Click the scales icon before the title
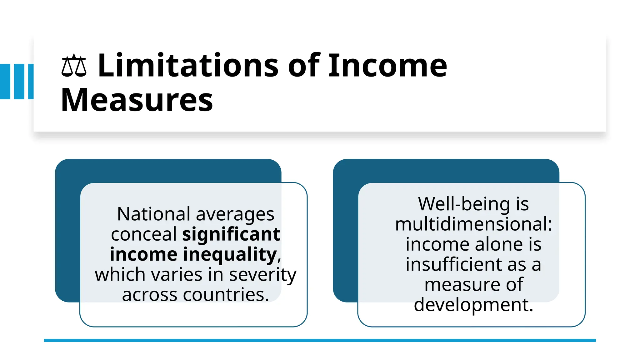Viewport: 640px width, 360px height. (74, 66)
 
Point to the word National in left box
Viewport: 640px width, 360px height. (153, 214)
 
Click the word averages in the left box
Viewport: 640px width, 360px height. (235, 214)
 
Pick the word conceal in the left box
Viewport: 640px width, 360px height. (144, 234)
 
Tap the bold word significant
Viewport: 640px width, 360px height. (231, 234)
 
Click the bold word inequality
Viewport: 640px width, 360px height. (230, 254)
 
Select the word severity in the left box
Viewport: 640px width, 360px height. (262, 275)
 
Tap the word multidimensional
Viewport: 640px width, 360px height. (473, 224)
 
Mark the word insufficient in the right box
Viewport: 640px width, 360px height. (455, 264)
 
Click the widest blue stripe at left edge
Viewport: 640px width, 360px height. (5, 82)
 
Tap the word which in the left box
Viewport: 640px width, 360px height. (120, 275)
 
